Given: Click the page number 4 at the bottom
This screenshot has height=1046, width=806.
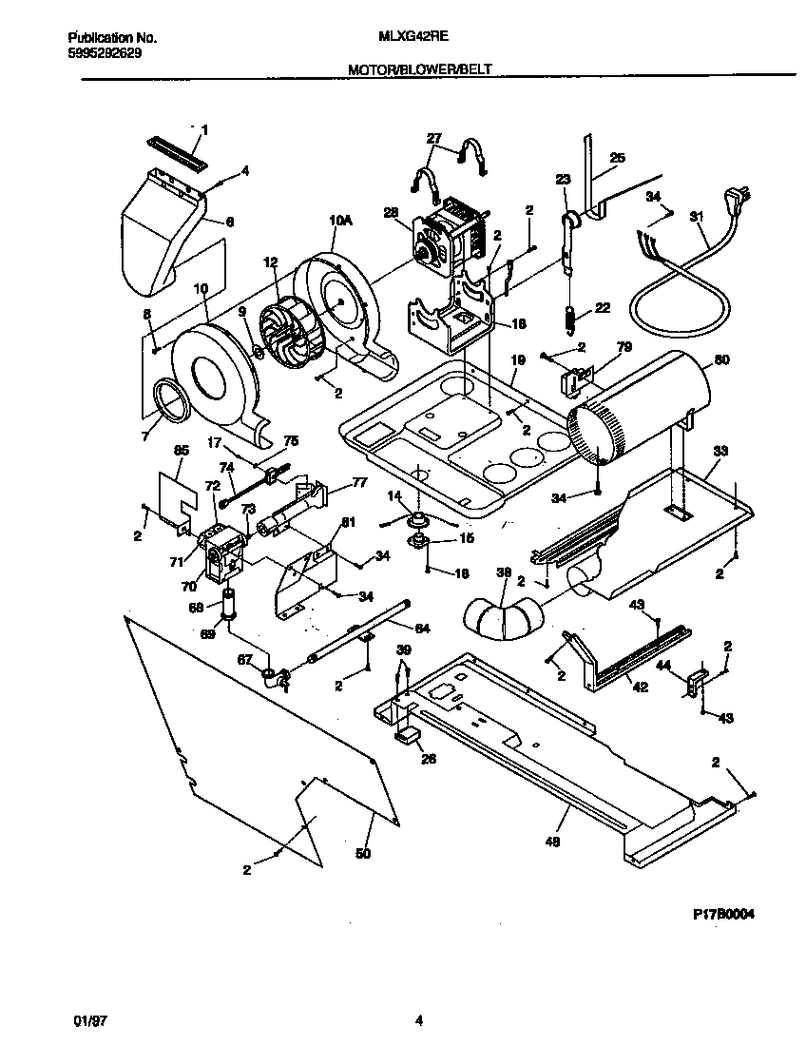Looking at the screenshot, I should click(x=418, y=1021).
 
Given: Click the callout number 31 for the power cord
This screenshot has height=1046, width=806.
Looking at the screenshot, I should click(x=700, y=216).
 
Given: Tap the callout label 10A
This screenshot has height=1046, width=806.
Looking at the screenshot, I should click(x=340, y=221).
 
